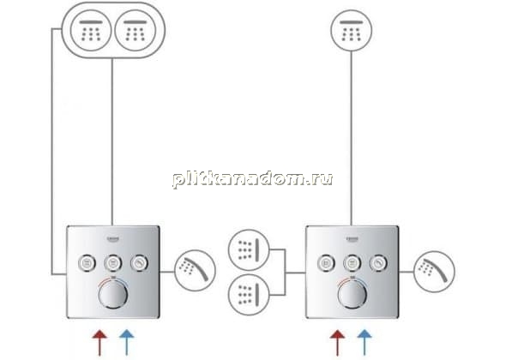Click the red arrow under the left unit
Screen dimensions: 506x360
(x=99, y=343)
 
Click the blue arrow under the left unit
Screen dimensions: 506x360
(x=127, y=343)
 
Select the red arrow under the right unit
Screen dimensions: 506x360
(x=338, y=343)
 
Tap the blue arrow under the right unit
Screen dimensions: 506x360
(x=364, y=343)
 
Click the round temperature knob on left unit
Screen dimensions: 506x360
(x=113, y=294)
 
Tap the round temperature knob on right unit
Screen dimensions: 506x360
(x=352, y=294)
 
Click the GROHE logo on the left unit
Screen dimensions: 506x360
(x=113, y=239)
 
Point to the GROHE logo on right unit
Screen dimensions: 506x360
(x=352, y=239)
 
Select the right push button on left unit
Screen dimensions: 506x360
(x=140, y=263)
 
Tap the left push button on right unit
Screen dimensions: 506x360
(x=326, y=263)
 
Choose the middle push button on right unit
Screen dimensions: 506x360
(x=352, y=263)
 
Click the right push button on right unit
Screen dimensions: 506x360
(x=379, y=263)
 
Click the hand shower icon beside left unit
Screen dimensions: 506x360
(x=195, y=271)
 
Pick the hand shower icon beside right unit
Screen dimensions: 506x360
(x=434, y=271)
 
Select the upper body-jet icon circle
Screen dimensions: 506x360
(x=249, y=250)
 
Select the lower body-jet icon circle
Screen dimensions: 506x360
(x=249, y=295)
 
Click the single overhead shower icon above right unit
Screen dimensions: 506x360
(x=352, y=30)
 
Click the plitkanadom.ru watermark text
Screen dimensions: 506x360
(x=253, y=178)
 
